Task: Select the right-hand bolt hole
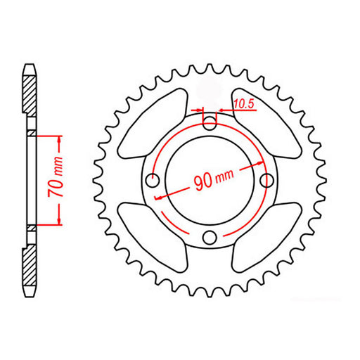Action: [266, 181]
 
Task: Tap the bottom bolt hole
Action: [209, 238]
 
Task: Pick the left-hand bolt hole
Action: [151, 181]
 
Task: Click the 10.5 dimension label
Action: [244, 104]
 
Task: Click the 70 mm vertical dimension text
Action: [61, 181]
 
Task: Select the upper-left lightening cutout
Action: [150, 125]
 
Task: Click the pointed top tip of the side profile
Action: [29, 65]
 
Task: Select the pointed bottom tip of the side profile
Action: [29, 295]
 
